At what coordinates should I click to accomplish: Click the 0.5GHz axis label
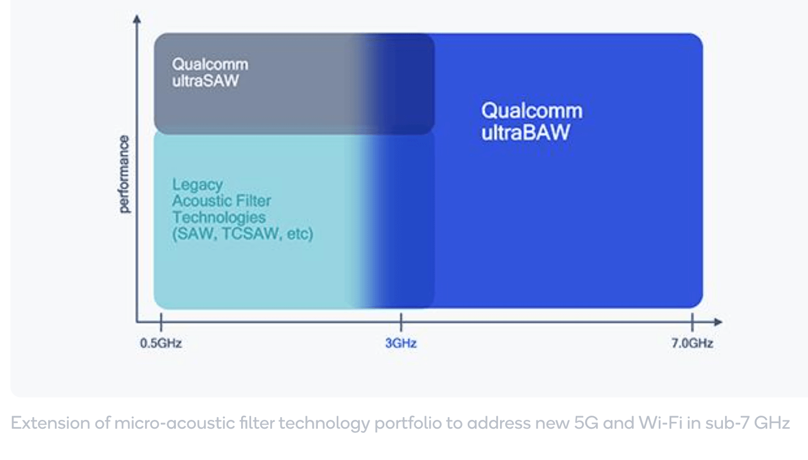(x=161, y=343)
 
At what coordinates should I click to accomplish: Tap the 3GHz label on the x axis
(x=401, y=343)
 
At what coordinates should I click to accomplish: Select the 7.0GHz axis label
(x=692, y=343)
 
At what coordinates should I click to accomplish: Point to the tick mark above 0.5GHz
(x=161, y=322)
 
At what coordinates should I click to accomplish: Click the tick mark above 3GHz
(x=401, y=322)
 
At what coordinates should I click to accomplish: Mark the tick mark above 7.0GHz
(x=692, y=322)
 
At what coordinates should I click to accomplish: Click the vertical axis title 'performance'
(x=124, y=174)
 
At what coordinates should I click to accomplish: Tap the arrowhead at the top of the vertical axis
(x=137, y=18)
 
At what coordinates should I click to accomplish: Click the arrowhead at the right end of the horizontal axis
(x=718, y=322)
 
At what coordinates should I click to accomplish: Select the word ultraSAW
(x=205, y=80)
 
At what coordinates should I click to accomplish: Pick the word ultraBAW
(x=526, y=132)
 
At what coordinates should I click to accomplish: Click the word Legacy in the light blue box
(x=197, y=185)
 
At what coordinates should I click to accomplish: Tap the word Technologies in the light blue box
(x=219, y=217)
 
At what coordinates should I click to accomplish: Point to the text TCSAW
(x=251, y=233)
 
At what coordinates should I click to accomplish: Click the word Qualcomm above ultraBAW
(x=532, y=111)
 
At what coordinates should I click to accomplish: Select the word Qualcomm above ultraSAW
(x=210, y=65)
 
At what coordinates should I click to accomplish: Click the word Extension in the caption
(x=50, y=422)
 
